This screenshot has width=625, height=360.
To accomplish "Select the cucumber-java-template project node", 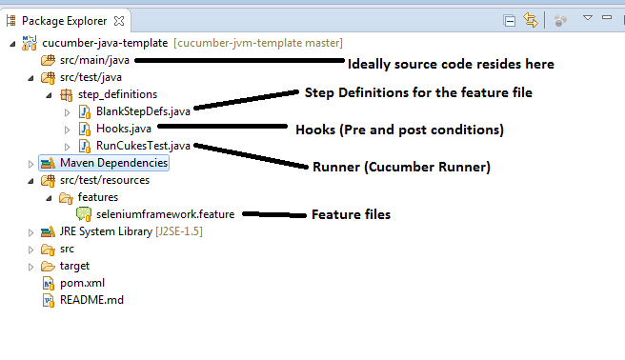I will click(x=105, y=43).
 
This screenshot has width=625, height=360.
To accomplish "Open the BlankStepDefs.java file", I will click(x=144, y=111).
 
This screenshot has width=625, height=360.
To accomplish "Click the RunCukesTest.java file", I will click(x=143, y=146).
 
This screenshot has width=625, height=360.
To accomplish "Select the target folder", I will click(x=74, y=266).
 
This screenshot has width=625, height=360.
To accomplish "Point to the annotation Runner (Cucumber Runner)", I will click(x=401, y=167).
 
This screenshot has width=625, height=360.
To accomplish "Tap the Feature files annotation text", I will click(x=351, y=215).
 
